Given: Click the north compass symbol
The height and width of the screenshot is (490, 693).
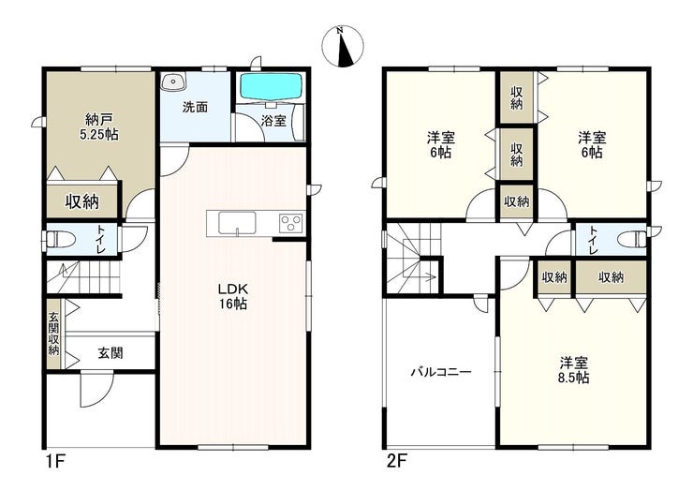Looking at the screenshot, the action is coord(343,47).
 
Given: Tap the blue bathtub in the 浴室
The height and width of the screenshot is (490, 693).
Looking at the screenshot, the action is coord(271,86).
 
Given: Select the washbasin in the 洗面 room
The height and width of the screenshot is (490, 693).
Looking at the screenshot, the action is coord(173,82).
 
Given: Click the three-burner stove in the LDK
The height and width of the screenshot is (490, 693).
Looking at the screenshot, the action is coord(291,222).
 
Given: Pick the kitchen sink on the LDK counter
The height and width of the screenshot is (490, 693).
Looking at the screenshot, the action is coord(237,222).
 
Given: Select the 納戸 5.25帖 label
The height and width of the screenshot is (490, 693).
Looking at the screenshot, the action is coord(99,126).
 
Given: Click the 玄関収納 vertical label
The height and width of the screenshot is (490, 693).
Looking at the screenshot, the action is coord(53,334).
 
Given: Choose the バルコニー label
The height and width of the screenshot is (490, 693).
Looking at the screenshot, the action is coord(441,371).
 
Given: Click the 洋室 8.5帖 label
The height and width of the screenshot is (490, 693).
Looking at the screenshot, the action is coord(574,371).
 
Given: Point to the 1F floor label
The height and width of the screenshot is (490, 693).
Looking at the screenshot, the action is coord(55,462).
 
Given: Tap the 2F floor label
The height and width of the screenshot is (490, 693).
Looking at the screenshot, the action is coord(396,462).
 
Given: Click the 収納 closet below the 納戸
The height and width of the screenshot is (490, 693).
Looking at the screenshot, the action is coord(81,201).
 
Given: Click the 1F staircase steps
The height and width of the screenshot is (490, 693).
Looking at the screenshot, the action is coord(84,276).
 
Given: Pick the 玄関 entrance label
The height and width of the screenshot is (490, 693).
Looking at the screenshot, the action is coord(111,353).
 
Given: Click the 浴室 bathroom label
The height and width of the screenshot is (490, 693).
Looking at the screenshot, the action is coord(273,121).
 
